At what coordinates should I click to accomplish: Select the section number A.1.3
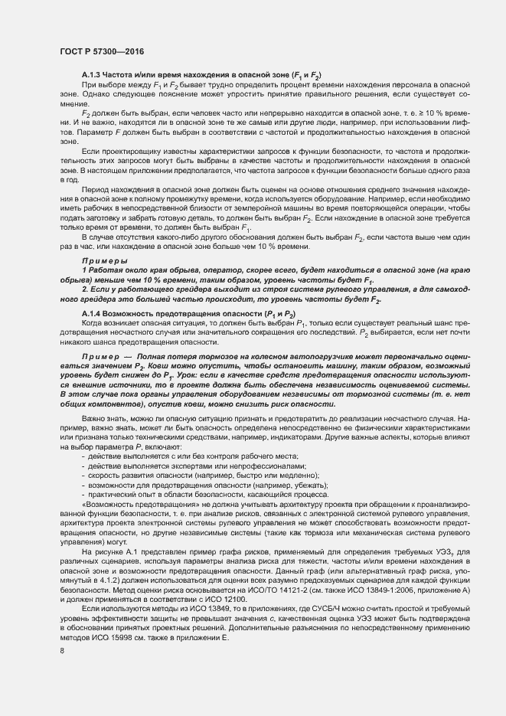pos(93,74)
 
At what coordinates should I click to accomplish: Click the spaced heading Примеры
pos(104,283)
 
